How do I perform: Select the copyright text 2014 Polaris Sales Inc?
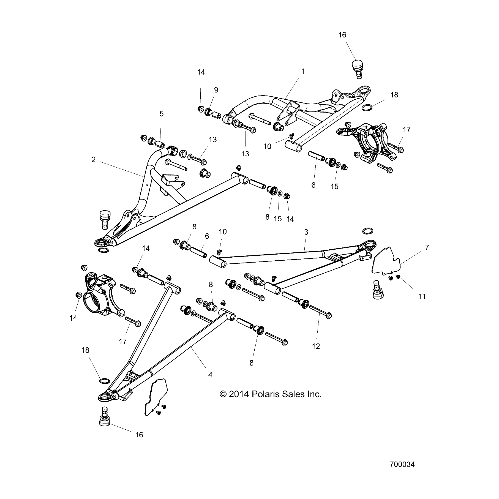(x=271, y=394)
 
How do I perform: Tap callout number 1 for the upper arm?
(x=303, y=72)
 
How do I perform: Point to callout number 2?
(x=94, y=159)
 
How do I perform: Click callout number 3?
(x=306, y=232)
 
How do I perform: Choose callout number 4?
(x=210, y=375)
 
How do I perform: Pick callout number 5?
(x=162, y=114)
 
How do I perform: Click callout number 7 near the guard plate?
(x=427, y=247)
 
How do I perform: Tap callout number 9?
(x=216, y=90)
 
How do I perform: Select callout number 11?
(x=422, y=296)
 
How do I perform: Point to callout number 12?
(x=316, y=346)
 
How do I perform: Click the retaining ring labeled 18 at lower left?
(x=104, y=381)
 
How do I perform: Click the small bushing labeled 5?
(x=160, y=144)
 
